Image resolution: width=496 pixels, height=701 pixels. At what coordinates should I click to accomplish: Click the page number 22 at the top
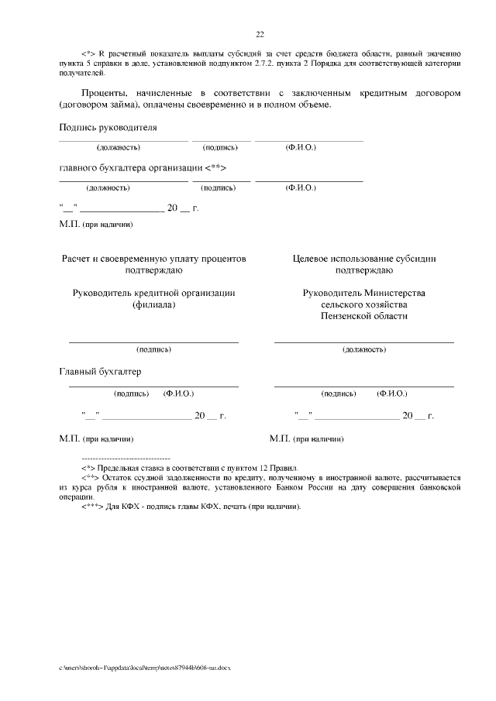(260, 33)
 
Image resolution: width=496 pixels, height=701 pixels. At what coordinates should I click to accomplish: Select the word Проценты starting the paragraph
(85, 92)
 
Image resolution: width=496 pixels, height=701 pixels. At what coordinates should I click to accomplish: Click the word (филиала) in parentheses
(153, 305)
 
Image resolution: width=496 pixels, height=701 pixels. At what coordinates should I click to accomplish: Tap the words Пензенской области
(364, 316)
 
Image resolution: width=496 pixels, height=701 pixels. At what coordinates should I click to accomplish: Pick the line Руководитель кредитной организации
(153, 293)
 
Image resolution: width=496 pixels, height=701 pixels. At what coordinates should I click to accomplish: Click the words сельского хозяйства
(364, 304)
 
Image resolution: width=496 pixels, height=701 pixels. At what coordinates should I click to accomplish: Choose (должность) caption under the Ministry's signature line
(364, 350)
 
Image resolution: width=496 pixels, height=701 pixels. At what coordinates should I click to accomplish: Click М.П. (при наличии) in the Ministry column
(307, 439)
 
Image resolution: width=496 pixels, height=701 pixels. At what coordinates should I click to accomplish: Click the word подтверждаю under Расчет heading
(153, 270)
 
